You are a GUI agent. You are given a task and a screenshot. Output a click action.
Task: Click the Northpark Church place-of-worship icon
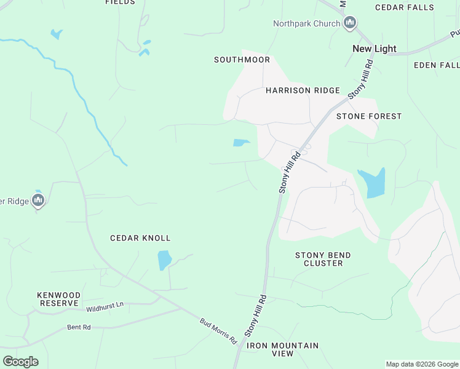coord(351,24)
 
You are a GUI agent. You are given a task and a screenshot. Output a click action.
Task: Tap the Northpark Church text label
coord(307,24)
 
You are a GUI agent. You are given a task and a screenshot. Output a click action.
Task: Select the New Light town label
coord(374,49)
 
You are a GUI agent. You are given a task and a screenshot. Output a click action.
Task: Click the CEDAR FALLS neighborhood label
coord(405,7)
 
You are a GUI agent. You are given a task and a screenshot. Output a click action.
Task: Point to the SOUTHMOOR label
coord(242,60)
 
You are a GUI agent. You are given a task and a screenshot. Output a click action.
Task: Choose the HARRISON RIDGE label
coord(303,90)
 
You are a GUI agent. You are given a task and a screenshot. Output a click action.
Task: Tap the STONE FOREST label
coord(369,116)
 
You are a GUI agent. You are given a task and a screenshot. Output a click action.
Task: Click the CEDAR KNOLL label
coord(140,238)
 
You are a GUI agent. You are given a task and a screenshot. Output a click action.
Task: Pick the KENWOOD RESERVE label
coord(59,300)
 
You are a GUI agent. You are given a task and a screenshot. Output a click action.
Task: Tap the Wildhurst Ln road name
coord(105,304)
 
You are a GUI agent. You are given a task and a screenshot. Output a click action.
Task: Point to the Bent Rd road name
coord(79,327)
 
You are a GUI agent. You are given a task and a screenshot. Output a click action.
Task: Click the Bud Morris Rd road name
coord(218,330)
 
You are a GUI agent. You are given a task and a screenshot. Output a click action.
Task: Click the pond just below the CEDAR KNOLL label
coord(164,260)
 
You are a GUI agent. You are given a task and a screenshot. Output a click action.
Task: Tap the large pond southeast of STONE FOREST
coord(373,183)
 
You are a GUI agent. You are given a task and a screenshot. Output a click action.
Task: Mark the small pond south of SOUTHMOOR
coord(240,143)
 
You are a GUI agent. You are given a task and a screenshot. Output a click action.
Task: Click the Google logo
coord(20,362)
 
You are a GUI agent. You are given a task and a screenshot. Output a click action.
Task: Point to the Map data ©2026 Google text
coord(422,364)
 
